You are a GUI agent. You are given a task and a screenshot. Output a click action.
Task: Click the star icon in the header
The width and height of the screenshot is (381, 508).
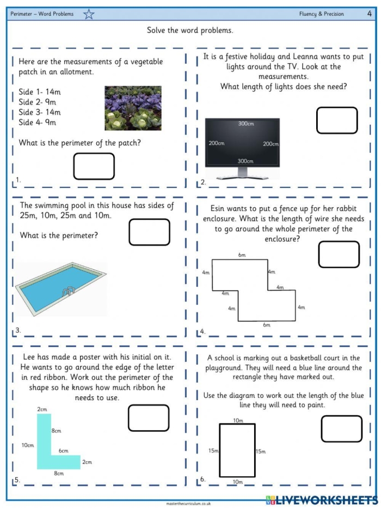(89, 14)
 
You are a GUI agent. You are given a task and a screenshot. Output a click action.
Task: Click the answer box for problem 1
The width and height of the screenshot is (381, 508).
(94, 166)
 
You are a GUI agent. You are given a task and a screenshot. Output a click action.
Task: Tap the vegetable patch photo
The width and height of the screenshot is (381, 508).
(133, 108)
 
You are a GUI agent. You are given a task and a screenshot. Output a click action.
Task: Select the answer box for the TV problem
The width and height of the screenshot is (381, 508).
(337, 120)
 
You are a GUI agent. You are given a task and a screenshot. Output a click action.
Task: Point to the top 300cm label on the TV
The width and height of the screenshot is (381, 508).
(246, 124)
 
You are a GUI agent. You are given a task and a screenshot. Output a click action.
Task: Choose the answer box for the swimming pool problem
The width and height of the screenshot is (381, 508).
(149, 232)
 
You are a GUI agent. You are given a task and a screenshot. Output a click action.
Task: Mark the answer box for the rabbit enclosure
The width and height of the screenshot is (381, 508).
(339, 255)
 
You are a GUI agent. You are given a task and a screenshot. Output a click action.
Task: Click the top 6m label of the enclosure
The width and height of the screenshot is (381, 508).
(242, 255)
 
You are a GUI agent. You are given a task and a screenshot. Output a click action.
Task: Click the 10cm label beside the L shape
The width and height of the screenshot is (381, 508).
(27, 445)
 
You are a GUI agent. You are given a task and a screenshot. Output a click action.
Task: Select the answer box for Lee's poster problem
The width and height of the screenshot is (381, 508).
(149, 418)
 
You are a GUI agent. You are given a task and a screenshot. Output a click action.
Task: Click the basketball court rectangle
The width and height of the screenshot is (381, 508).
(237, 451)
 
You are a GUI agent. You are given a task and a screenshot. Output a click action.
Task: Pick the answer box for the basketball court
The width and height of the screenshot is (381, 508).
(341, 429)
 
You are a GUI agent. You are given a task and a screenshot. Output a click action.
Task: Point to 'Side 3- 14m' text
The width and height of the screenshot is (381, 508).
(40, 112)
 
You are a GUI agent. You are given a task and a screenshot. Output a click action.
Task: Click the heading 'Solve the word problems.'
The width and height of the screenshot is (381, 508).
(190, 31)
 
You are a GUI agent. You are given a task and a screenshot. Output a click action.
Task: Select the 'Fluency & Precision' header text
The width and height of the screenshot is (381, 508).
(321, 14)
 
